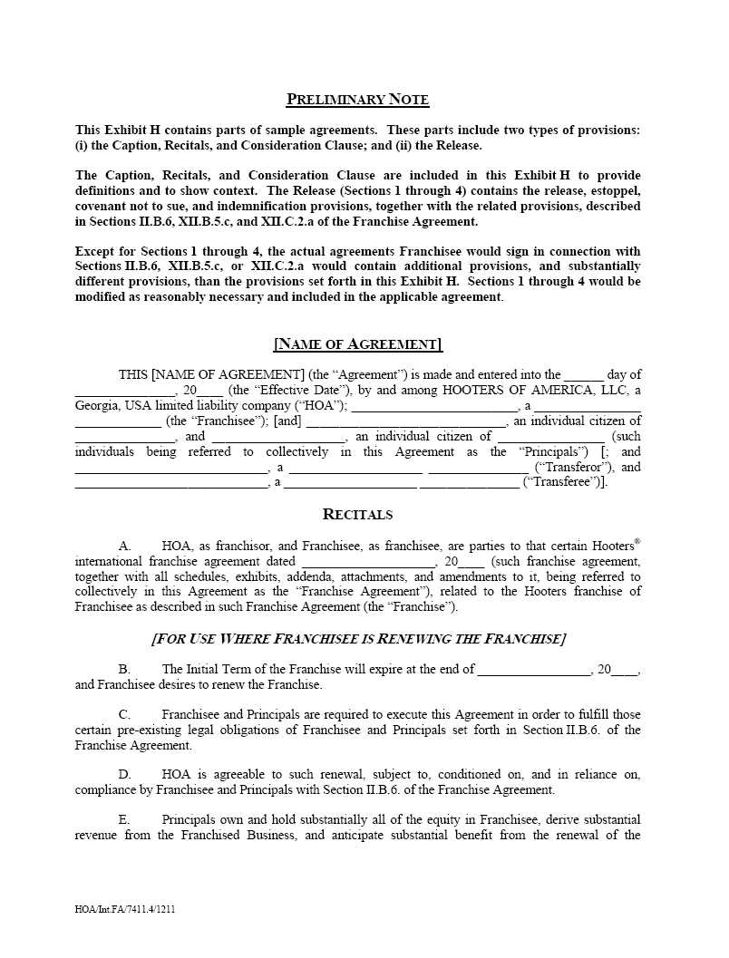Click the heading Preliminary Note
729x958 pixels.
pos(357,100)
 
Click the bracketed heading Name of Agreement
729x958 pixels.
pos(357,344)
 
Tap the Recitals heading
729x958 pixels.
pos(357,515)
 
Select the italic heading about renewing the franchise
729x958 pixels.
pos(357,639)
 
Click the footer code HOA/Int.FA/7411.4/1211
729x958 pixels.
pos(125,909)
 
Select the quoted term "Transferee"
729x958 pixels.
pos(563,483)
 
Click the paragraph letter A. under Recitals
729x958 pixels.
pos(125,547)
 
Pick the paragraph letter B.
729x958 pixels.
pos(125,670)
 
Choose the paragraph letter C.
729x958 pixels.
pos(125,715)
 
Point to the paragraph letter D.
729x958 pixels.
pos(125,775)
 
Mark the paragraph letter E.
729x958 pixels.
pos(125,820)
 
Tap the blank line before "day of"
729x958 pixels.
pos(583,375)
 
